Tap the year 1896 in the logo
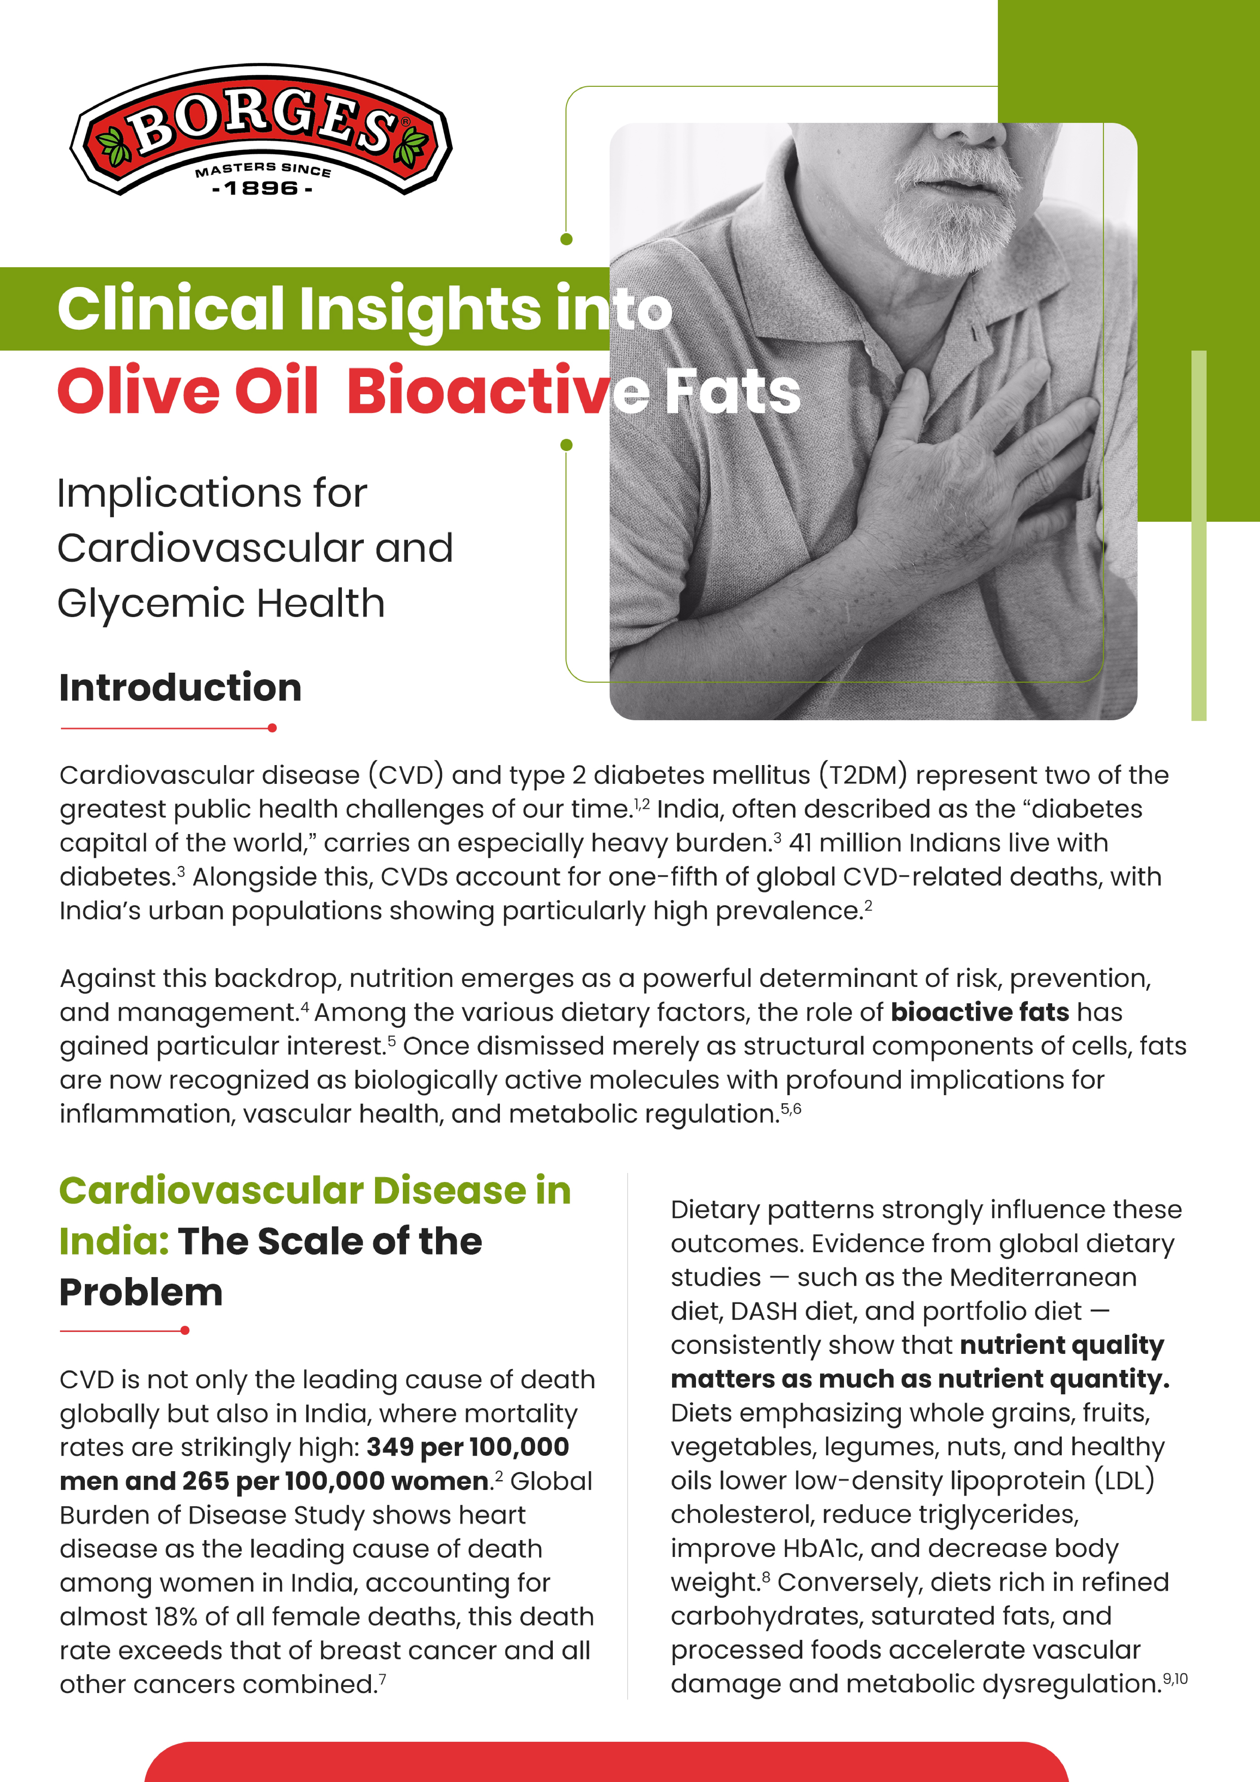[262, 188]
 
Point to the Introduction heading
[180, 688]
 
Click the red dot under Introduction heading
[272, 728]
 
